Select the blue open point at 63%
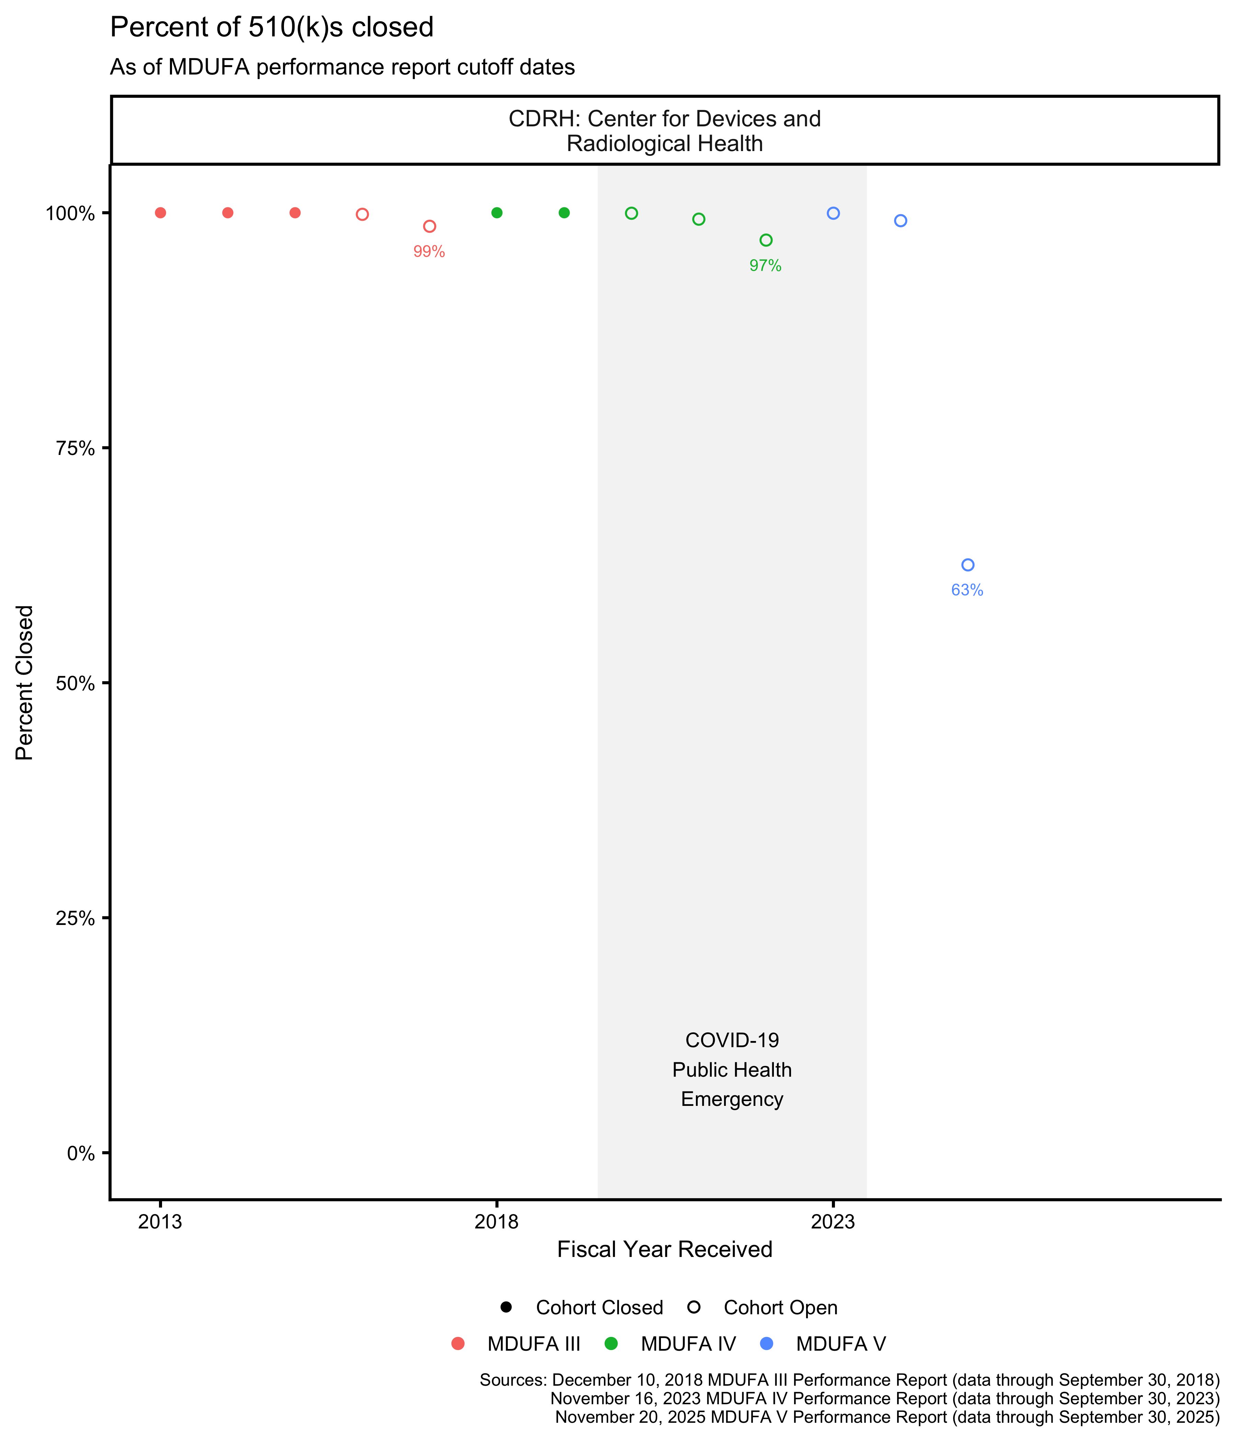[x=968, y=565]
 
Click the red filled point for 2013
[x=160, y=213]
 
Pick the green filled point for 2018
[x=496, y=213]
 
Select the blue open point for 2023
[x=833, y=214]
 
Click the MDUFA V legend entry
[x=840, y=1344]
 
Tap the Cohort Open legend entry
[x=779, y=1308]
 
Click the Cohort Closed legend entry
[x=598, y=1308]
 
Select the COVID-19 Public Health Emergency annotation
[x=731, y=1070]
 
